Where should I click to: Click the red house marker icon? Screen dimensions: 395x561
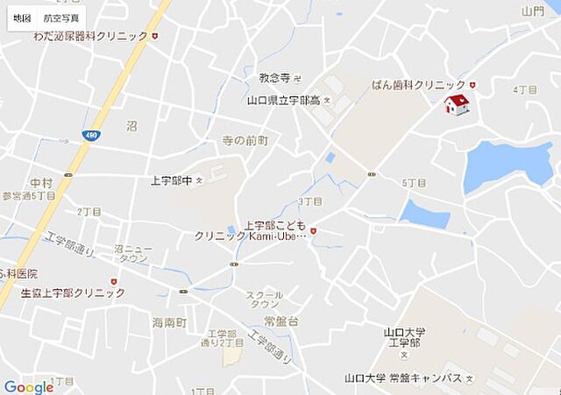tap(456, 105)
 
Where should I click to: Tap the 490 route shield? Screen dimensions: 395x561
tap(91, 134)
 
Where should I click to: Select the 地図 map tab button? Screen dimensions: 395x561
tap(22, 18)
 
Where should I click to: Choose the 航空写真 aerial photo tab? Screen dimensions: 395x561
tap(60, 18)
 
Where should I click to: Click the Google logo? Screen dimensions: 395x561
tap(28, 387)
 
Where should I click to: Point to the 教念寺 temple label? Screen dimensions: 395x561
tap(274, 78)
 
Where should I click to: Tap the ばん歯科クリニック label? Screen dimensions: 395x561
tap(418, 84)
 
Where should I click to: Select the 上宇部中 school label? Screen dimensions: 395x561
tap(171, 180)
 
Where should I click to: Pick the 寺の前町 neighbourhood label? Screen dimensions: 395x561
tap(245, 140)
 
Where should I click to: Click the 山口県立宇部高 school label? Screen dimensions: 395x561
tap(284, 100)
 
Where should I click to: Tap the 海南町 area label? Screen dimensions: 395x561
tap(169, 322)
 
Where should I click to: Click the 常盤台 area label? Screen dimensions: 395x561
tap(281, 321)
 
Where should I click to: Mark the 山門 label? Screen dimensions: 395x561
tap(532, 11)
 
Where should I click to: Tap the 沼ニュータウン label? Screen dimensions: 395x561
tap(132, 254)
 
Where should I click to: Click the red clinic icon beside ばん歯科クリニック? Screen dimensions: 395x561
tap(472, 84)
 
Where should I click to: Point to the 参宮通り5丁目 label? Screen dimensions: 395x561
tap(28, 196)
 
